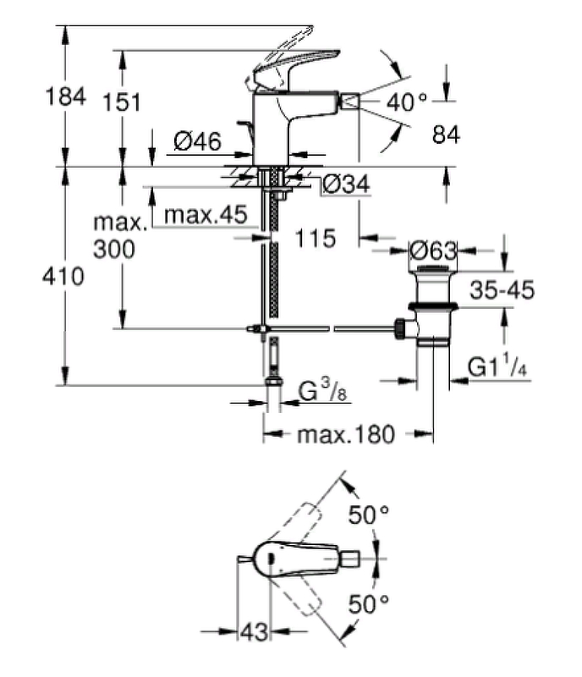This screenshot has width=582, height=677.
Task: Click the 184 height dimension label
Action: click(x=65, y=97)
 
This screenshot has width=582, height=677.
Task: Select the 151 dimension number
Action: click(x=123, y=103)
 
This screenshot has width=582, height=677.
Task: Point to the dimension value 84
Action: click(x=445, y=134)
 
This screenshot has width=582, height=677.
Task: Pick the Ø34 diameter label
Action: click(x=349, y=184)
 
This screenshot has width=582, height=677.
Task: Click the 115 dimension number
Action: click(x=316, y=239)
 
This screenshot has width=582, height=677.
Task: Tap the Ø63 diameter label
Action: click(x=433, y=251)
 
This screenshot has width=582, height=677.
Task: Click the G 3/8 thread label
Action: click(x=322, y=393)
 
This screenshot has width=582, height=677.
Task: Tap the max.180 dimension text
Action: click(x=346, y=435)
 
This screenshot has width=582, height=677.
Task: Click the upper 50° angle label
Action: click(x=370, y=513)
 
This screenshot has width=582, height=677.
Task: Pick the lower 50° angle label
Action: click(x=369, y=603)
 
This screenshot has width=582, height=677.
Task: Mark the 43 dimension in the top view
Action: click(x=253, y=631)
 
